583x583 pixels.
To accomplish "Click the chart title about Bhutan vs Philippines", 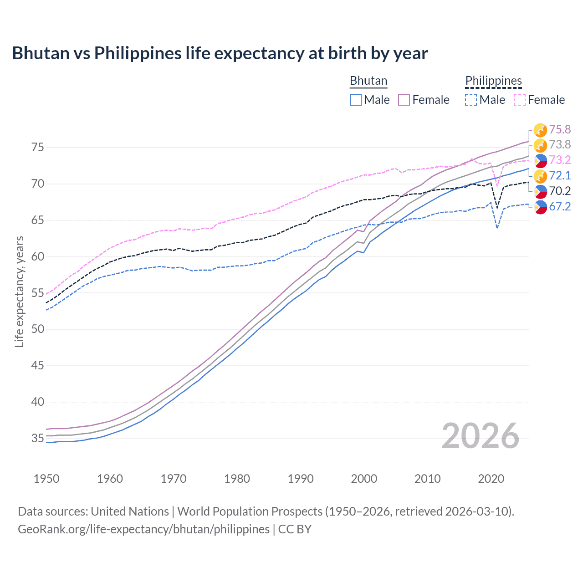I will pos(220,53).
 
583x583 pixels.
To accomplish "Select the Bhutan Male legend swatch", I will pos(356,100).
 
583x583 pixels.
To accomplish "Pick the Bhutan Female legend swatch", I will pos(404,100).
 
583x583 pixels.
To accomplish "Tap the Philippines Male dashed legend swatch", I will pos(471,100).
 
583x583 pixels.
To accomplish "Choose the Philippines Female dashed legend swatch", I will pos(519,100).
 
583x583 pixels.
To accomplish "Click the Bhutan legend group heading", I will pos(368,81).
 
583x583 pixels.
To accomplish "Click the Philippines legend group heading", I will pos(493,81).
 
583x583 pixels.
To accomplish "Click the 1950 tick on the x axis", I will pos(46,479).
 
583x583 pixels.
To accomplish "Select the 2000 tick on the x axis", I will pos(364,479).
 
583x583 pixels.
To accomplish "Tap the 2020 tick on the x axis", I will pos(491,479).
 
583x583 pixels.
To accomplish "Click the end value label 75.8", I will pos(560,130).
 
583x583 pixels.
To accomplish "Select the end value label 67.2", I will pos(560,206).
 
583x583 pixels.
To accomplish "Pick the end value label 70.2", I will pos(560,191).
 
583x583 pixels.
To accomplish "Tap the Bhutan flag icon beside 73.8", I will pos(540,145).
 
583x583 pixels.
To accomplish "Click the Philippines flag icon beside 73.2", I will pos(540,160).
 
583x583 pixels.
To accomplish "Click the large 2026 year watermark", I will pos(481,436).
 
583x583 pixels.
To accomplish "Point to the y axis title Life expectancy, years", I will pos(20,291).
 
